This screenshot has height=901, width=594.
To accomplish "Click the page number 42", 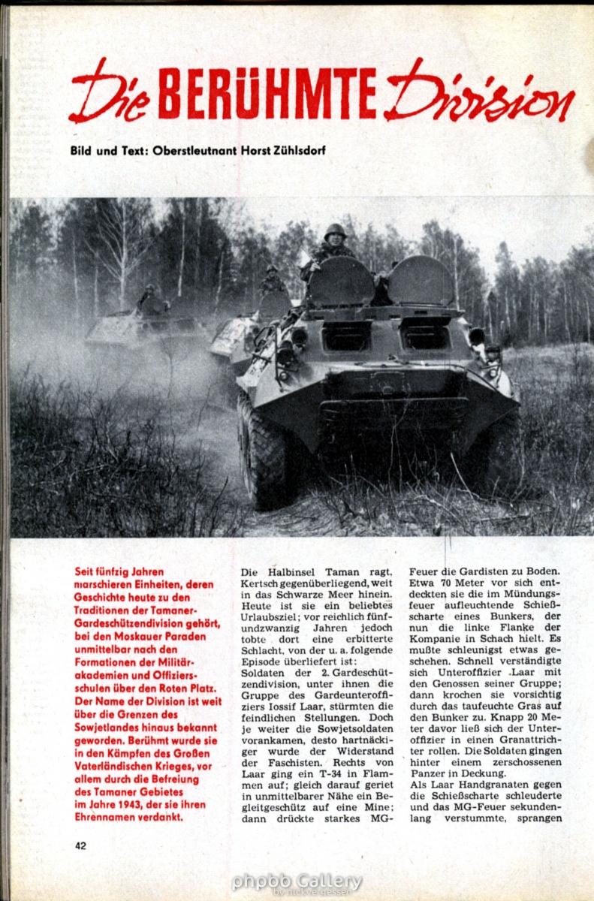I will (81, 845).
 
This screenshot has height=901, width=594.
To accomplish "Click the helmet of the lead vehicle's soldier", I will (334, 231).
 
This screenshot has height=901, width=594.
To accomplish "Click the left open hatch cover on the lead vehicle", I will (341, 280).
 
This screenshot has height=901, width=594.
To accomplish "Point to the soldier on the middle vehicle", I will (272, 282).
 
